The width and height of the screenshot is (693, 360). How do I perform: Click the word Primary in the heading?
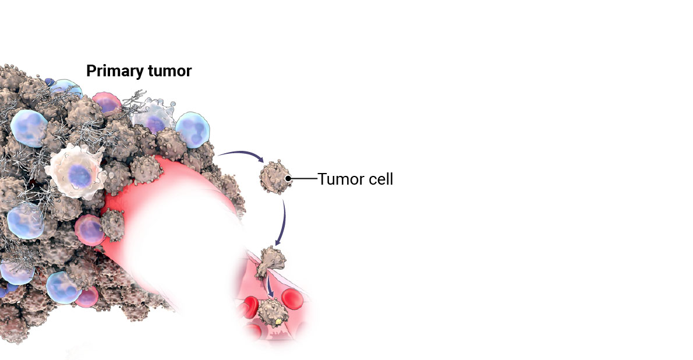pos(114,71)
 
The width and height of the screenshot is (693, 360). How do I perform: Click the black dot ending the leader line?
pos(288,179)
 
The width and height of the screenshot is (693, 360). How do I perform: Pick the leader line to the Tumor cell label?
pos(304,179)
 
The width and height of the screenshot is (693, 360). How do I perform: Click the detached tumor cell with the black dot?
pos(275,177)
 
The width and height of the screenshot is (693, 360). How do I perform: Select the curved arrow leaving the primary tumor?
pos(241,155)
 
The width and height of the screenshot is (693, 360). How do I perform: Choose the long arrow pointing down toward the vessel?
pos(282,223)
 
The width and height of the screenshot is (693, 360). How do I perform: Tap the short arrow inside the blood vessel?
pos(270,287)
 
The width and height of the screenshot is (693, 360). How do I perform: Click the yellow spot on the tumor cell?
pos(278,321)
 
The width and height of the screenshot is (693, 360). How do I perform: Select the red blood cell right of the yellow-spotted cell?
pos(292,299)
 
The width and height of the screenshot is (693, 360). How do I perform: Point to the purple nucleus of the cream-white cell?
pos(80,175)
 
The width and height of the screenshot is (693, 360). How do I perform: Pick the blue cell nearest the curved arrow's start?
pos(193,130)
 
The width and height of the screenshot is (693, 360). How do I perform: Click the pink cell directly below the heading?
pos(107,103)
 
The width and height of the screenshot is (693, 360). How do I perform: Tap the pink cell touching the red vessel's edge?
pos(90,230)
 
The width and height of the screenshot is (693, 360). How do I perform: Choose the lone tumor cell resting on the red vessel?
pos(112,225)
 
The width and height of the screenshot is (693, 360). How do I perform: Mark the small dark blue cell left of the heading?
pos(49,82)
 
